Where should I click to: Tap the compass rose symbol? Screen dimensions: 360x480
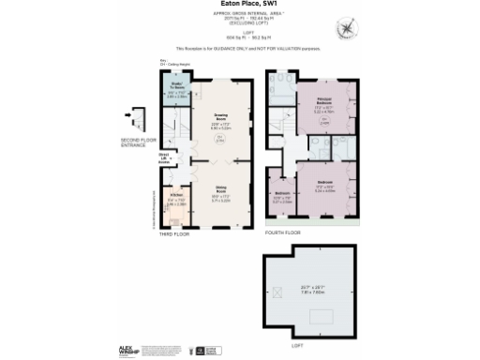pyautogui.click(x=349, y=27)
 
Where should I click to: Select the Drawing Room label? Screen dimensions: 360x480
pyautogui.click(x=221, y=119)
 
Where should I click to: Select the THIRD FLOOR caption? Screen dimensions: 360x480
pyautogui.click(x=174, y=233)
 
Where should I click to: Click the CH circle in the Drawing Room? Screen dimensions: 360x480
pyautogui.click(x=221, y=140)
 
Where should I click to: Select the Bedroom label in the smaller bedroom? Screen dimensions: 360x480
pyautogui.click(x=281, y=195)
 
